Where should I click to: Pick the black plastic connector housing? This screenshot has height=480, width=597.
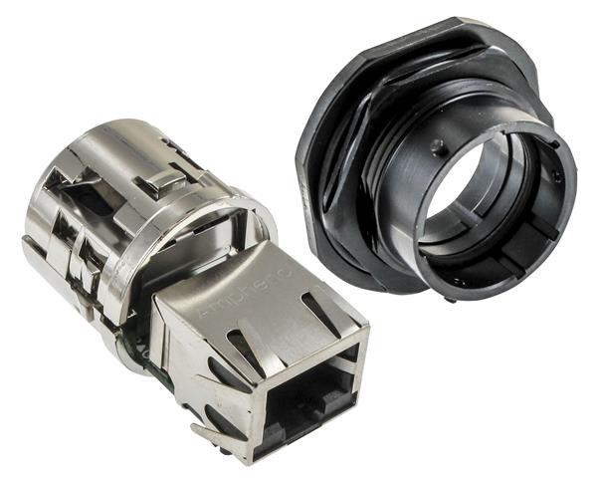pyautogui.click(x=438, y=159)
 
